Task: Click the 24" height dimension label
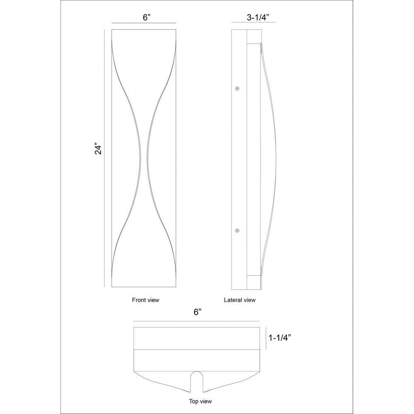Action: (x=98, y=149)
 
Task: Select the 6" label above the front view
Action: (x=147, y=17)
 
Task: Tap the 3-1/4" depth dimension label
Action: (x=258, y=17)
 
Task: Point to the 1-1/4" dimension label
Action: (x=279, y=338)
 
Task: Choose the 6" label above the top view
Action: (x=197, y=312)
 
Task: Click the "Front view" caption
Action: (x=145, y=300)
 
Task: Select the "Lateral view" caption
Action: (x=240, y=300)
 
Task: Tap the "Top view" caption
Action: (x=200, y=401)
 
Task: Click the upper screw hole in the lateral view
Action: (x=237, y=89)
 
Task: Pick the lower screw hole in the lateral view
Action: (x=237, y=231)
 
